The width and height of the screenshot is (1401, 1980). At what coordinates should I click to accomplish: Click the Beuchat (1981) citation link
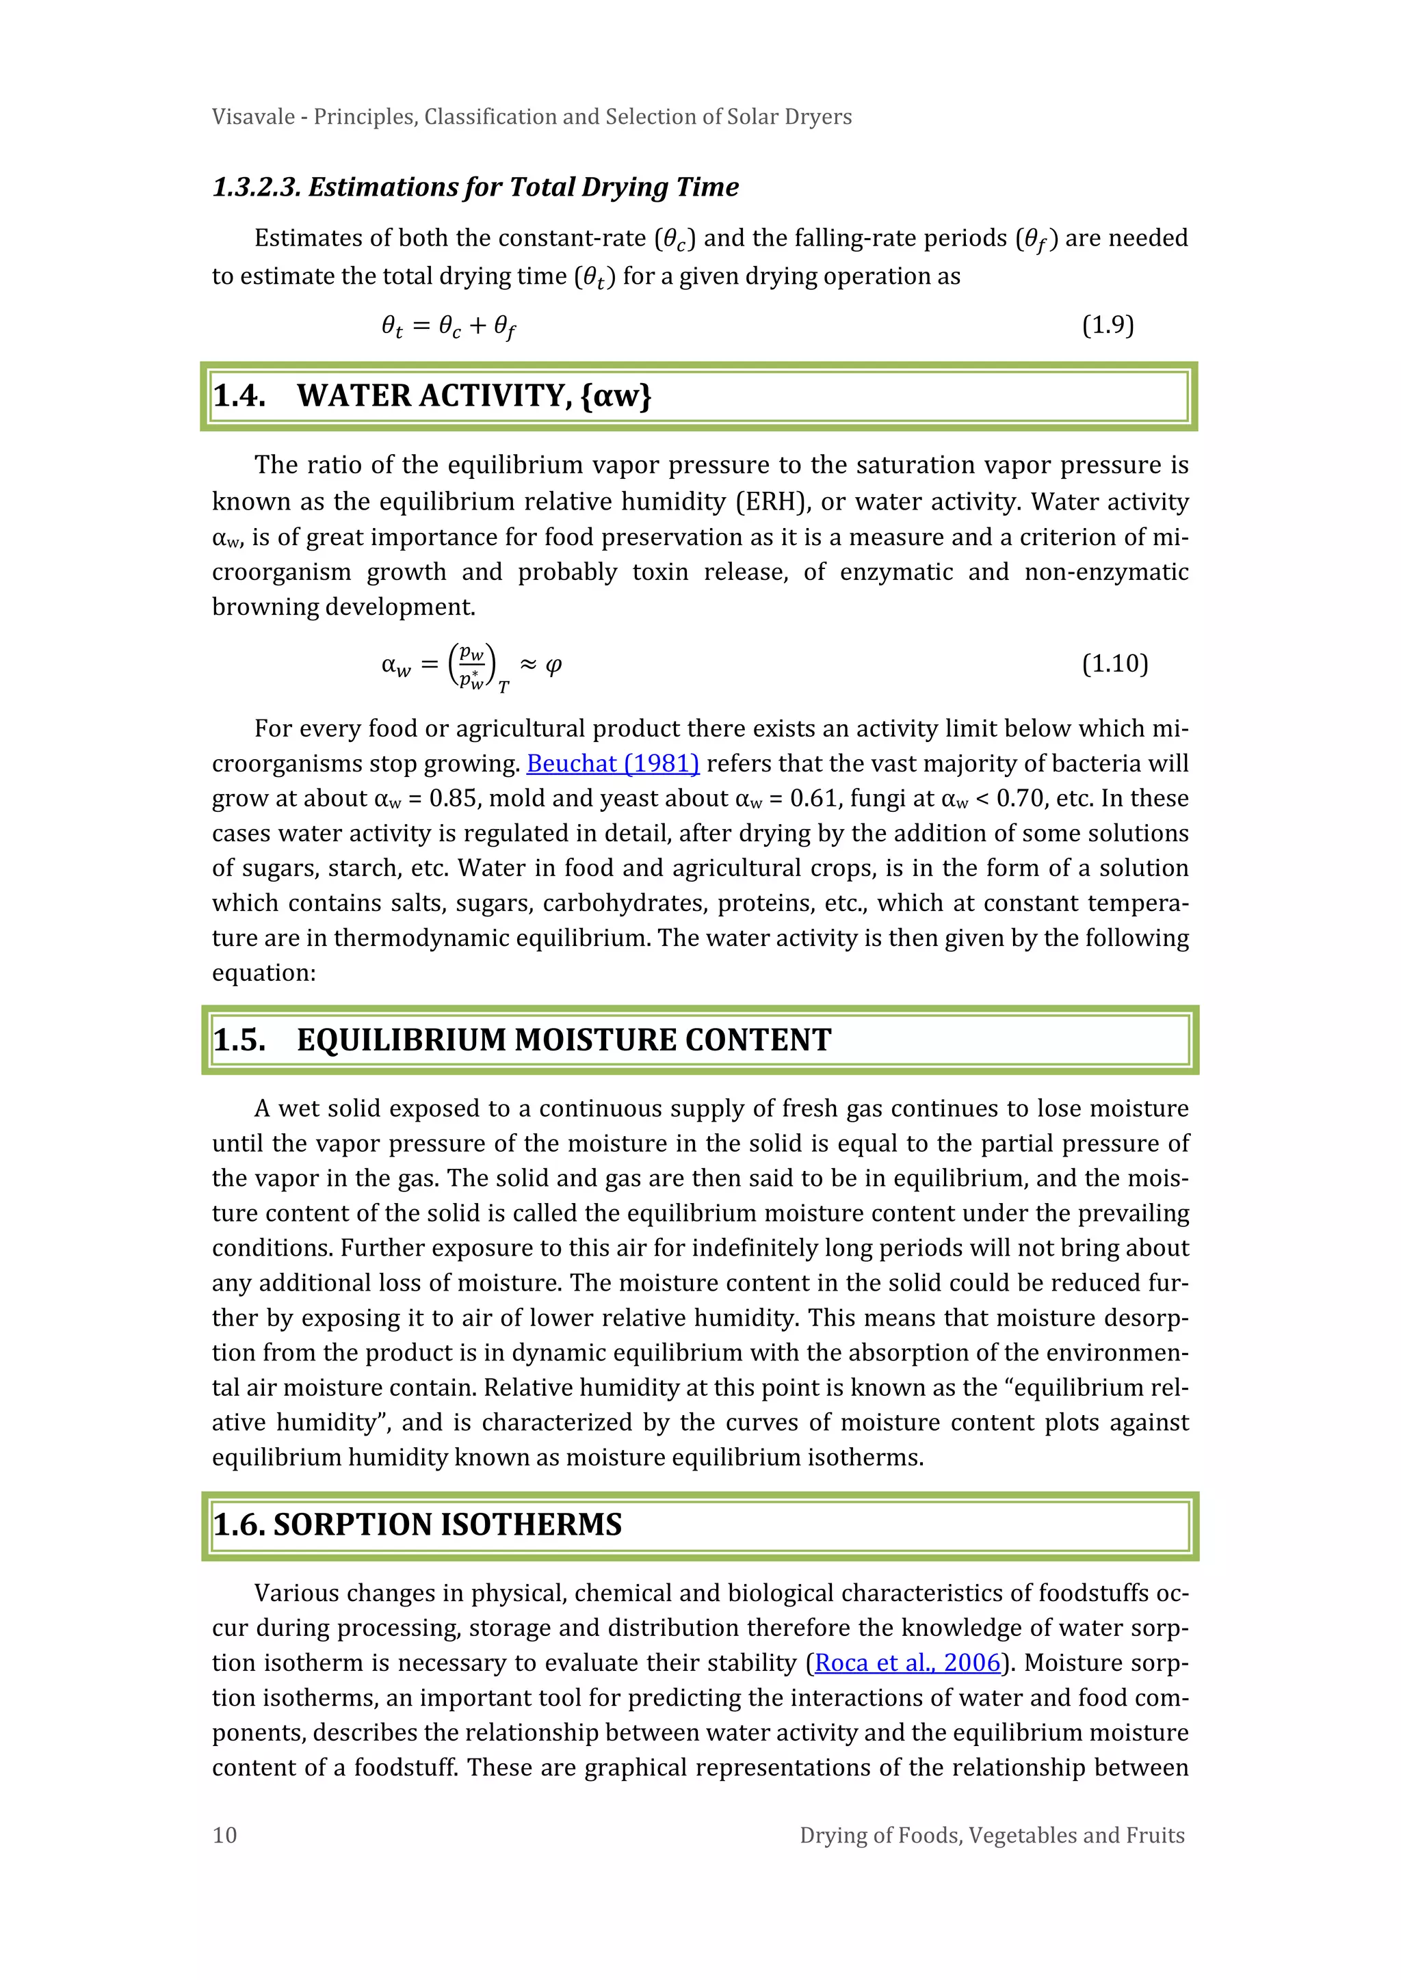(612, 764)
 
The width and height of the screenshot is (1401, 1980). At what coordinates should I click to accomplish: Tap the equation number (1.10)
(1114, 663)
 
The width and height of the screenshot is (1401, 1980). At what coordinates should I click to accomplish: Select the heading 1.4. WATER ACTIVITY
(432, 396)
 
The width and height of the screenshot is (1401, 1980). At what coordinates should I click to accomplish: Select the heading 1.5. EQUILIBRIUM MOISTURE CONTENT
(521, 1040)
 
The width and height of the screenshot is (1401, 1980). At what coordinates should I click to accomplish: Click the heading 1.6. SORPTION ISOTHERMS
(417, 1524)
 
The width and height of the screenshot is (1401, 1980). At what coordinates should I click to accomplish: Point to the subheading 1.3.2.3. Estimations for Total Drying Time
(475, 187)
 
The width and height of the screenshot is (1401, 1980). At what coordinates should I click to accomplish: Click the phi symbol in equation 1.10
(554, 664)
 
